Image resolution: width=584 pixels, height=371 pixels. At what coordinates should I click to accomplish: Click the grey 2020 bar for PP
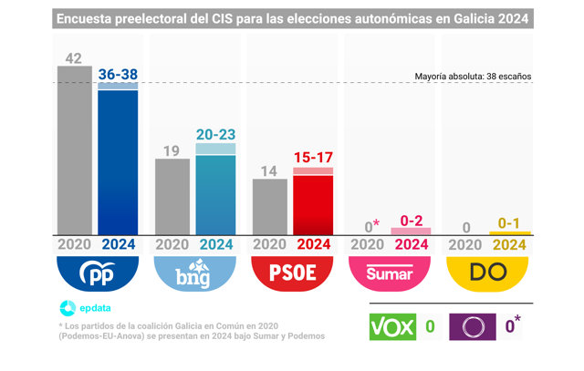75,150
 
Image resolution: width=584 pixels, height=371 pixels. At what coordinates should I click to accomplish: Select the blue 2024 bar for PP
118,159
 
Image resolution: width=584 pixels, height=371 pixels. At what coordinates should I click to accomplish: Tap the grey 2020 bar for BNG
172,197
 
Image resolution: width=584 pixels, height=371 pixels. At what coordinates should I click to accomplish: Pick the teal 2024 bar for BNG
215,189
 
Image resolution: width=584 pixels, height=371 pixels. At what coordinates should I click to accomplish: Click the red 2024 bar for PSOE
313,201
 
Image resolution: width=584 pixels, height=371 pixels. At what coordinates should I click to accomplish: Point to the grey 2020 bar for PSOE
270,207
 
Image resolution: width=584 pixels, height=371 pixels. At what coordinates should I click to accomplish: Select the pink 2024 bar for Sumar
411,232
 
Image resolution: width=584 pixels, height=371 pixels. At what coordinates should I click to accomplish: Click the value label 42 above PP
73,58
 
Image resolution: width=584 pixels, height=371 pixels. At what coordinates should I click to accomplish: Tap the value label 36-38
118,75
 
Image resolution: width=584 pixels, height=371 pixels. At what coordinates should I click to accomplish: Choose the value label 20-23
216,134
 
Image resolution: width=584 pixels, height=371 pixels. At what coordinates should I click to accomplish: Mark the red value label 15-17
313,158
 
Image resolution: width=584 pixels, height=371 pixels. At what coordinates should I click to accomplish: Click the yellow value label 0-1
509,223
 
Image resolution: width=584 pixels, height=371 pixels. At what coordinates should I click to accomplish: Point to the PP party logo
98,273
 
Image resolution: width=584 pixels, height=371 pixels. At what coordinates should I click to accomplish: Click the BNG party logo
194,273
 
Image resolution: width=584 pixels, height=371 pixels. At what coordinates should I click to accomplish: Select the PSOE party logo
292,273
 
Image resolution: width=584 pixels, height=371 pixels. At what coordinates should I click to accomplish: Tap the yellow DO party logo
487,273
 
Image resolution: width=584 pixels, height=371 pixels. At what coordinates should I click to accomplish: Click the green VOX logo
392,326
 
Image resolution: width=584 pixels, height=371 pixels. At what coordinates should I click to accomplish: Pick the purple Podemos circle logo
473,326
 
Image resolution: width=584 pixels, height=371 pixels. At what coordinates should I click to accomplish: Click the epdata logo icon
68,308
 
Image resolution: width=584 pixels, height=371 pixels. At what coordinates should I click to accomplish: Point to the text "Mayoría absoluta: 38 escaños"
473,77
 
